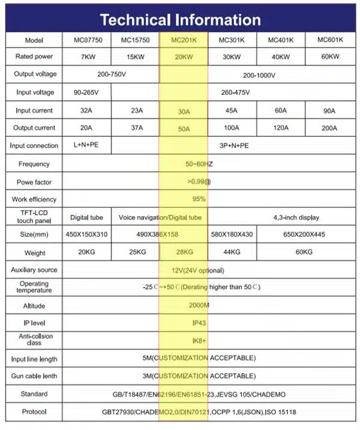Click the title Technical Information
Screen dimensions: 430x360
pos(180,19)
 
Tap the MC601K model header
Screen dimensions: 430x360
pos(330,40)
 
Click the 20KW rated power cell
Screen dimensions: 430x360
pos(183,57)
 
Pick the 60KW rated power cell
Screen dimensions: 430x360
pos(330,57)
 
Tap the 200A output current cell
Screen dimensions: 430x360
pos(330,128)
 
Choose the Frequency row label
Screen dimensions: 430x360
pos(34,164)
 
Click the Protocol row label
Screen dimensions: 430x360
pos(34,412)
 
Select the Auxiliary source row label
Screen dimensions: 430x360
pos(34,270)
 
